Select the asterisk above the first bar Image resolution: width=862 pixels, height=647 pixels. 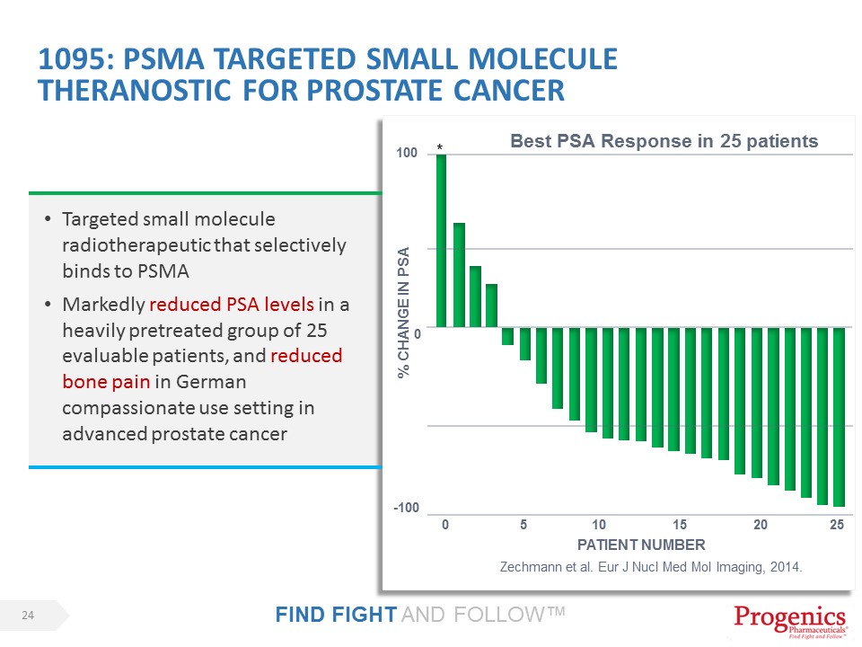point(440,146)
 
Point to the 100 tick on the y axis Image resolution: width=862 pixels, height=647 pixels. point(406,155)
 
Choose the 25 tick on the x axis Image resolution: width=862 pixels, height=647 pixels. point(837,525)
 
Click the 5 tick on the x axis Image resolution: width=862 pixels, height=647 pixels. point(523,525)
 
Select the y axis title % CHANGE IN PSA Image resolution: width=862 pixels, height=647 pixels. point(404,313)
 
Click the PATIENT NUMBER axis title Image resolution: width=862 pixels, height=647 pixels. point(641,545)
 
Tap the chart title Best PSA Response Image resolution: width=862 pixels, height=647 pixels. point(664,141)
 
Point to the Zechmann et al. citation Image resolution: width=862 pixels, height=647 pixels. point(649,568)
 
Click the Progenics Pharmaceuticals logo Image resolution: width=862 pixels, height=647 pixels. point(790,621)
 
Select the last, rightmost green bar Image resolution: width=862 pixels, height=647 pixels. point(839,417)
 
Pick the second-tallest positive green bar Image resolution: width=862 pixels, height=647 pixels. point(459,275)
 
